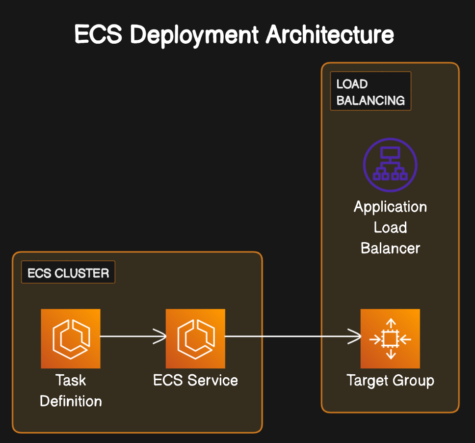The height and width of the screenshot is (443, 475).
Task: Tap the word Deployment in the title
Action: click(x=192, y=35)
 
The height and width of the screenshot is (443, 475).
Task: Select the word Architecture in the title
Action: click(x=330, y=35)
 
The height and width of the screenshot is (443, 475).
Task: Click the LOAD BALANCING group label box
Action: click(x=370, y=91)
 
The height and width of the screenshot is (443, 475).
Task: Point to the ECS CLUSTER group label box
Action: click(x=68, y=273)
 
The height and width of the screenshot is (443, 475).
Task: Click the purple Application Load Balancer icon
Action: click(x=390, y=165)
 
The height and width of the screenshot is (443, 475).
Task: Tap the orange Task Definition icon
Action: click(x=71, y=338)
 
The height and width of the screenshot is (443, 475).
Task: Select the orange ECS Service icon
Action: click(x=195, y=338)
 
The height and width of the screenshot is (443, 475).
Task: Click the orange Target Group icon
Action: click(x=390, y=338)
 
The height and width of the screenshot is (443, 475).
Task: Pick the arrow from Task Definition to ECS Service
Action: click(x=132, y=337)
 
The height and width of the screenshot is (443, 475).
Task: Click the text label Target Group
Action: click(x=390, y=381)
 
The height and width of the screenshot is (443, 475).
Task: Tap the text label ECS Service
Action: click(x=195, y=381)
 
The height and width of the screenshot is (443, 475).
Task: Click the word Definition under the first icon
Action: click(x=71, y=401)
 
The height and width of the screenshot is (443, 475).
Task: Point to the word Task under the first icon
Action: click(x=71, y=381)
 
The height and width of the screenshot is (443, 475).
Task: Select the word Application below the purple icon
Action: click(x=390, y=207)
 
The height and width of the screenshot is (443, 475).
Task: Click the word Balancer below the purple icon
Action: click(x=390, y=248)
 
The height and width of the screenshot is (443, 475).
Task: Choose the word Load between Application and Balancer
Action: click(x=390, y=227)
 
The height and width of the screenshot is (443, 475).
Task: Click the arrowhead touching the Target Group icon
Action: click(x=356, y=337)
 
